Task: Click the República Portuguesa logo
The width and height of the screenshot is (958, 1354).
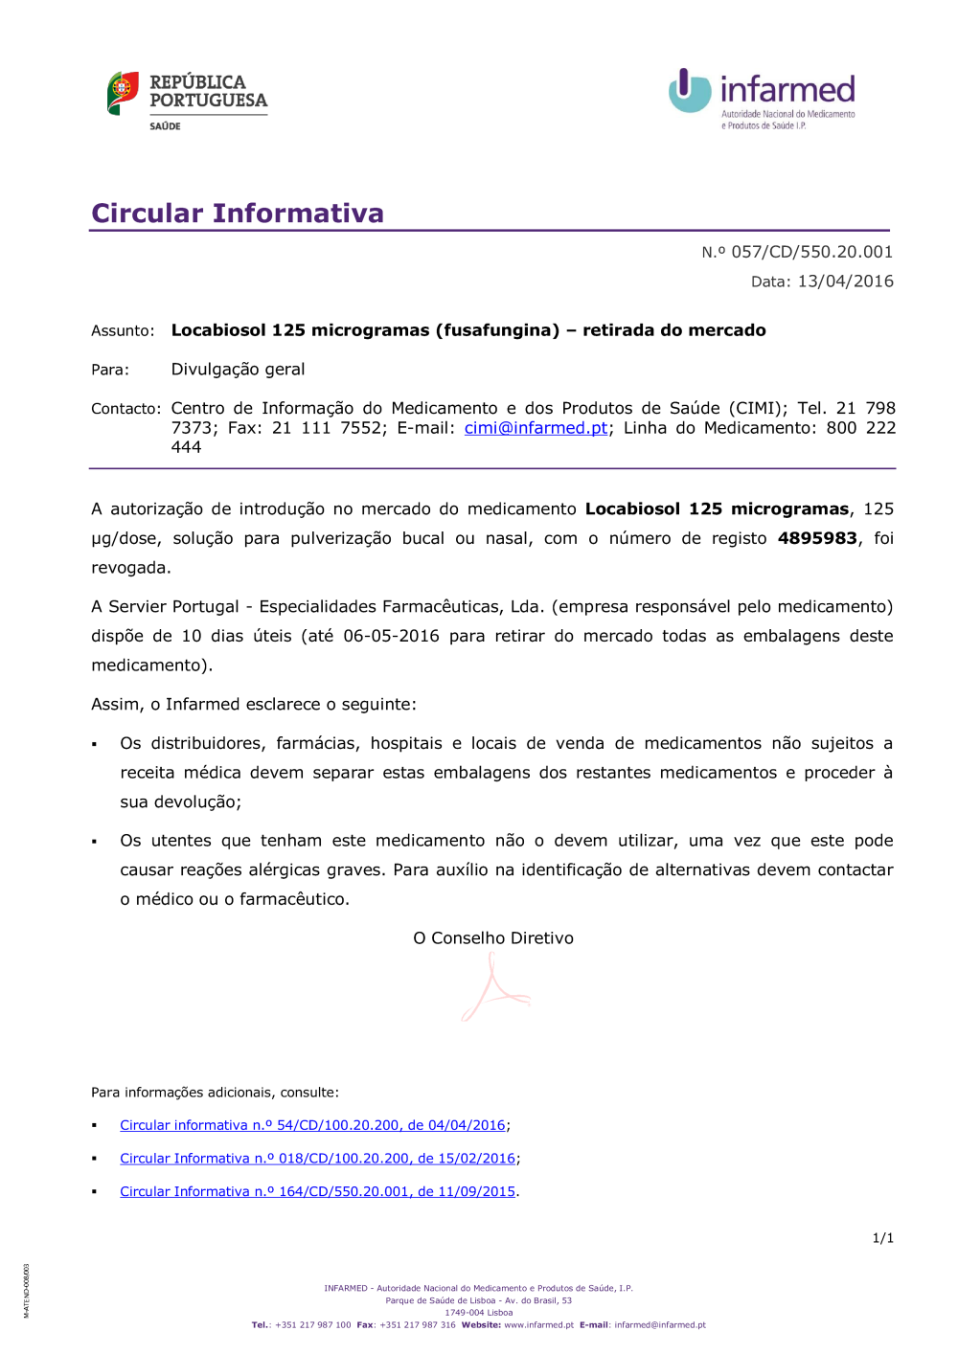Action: (187, 99)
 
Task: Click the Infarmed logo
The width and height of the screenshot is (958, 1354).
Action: (762, 99)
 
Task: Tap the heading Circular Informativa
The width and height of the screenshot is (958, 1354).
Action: (238, 213)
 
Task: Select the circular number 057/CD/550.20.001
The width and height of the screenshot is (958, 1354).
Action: (811, 252)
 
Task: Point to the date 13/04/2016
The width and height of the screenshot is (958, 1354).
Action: (845, 282)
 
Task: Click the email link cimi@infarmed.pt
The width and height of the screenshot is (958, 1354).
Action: (536, 428)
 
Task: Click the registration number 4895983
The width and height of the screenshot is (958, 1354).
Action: (816, 538)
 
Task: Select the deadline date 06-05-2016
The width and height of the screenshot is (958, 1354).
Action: (391, 636)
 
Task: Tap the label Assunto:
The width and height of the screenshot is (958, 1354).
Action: (123, 331)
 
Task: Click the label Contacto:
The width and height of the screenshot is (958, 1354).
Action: (125, 409)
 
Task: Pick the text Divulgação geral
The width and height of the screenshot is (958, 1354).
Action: (238, 370)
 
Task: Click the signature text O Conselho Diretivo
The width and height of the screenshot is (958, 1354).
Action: (493, 938)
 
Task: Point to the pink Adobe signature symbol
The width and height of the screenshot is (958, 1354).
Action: (494, 990)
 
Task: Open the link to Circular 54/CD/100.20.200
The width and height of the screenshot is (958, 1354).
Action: (312, 1125)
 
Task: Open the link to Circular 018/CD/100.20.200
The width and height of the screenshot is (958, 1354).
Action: (317, 1159)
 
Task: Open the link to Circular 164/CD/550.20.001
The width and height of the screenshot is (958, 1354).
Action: (317, 1192)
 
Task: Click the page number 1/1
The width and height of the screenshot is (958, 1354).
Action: (882, 1238)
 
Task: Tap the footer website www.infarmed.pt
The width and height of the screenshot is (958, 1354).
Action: (538, 1325)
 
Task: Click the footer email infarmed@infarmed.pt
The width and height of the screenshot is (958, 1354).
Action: (659, 1325)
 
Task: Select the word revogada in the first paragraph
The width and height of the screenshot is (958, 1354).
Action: (130, 568)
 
